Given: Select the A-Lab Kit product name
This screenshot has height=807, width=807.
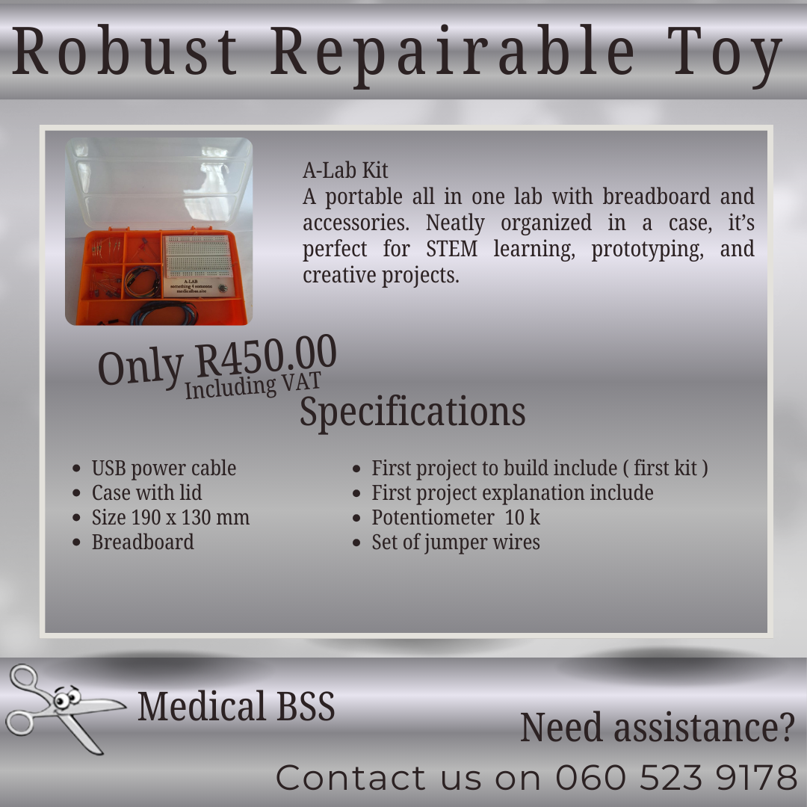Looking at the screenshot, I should (x=345, y=170).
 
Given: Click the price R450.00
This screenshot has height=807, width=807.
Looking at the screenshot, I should (x=266, y=357).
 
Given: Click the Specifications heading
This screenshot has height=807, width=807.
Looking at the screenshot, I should (x=412, y=412).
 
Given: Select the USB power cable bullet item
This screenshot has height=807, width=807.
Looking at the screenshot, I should (x=164, y=469).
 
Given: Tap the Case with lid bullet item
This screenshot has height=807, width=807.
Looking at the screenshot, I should (x=146, y=493).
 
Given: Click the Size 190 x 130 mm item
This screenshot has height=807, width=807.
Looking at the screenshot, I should (x=170, y=518).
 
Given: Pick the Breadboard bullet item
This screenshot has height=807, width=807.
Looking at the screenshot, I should (x=143, y=542).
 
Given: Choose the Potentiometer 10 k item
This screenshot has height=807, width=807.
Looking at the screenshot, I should (x=456, y=518).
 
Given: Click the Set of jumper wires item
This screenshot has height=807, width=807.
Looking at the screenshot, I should (x=456, y=542).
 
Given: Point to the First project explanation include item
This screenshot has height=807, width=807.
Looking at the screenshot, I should (x=513, y=493).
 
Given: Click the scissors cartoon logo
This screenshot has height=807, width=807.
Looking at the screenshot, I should (x=60, y=706).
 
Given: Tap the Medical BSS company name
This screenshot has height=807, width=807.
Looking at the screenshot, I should (x=236, y=706).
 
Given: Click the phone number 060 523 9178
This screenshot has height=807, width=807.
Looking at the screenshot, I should (x=676, y=778).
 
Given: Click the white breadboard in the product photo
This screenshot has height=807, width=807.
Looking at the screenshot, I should (x=197, y=256).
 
